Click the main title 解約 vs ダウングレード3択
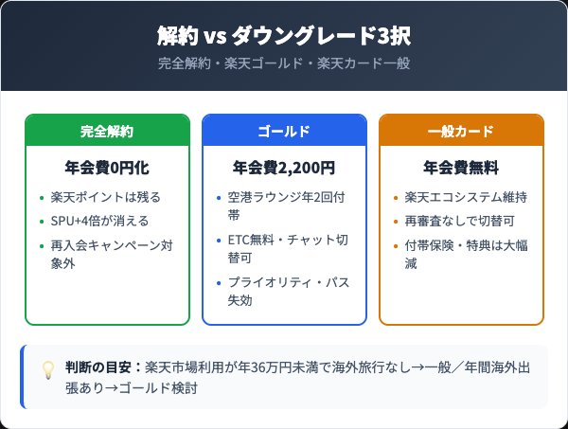(284, 36)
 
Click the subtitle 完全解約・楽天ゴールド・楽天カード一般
(284, 63)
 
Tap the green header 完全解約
(107, 131)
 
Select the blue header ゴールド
(284, 131)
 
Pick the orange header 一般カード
(461, 131)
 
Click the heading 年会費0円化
(107, 169)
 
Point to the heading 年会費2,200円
(284, 169)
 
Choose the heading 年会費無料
(461, 169)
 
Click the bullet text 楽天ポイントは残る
(105, 197)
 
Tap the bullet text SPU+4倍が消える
(99, 221)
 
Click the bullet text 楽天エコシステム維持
(466, 197)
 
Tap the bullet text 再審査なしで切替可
(459, 221)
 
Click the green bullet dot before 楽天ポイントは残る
(42, 198)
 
